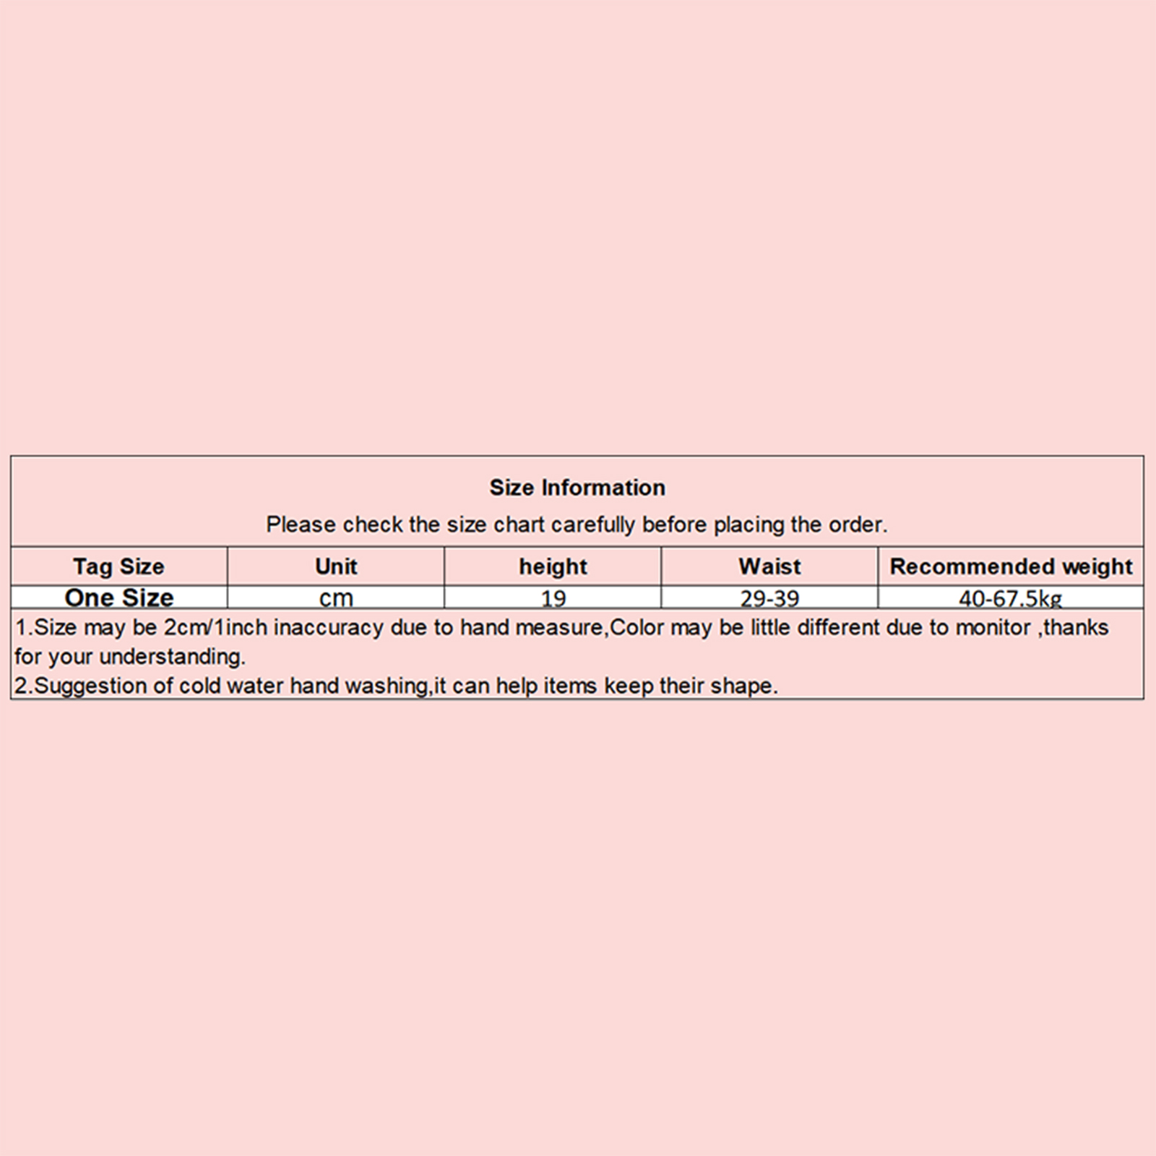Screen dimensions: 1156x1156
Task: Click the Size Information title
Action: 577,488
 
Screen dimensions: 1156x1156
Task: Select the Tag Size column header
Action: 118,566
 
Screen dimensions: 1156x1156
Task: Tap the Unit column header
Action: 336,566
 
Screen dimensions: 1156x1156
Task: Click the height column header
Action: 553,566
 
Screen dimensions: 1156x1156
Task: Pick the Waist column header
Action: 769,566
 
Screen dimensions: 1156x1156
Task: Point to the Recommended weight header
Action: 1011,566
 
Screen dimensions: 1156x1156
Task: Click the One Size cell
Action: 119,598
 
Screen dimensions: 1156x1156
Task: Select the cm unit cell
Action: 336,598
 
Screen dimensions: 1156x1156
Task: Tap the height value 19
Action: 553,598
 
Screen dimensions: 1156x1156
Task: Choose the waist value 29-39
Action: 769,598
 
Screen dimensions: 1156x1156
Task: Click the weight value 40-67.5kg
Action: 1010,598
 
